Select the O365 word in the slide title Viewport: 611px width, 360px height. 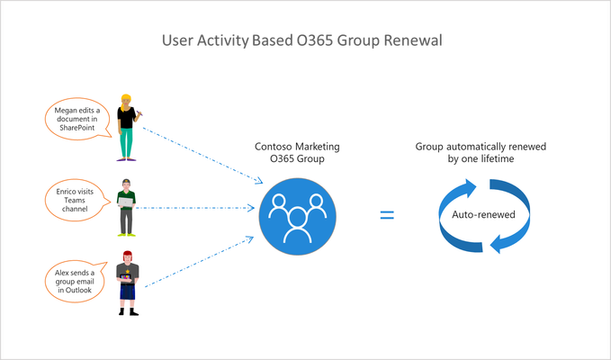[314, 40]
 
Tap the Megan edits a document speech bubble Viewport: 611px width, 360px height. [78, 119]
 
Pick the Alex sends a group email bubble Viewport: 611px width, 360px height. [76, 282]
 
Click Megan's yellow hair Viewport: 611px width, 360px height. [125, 102]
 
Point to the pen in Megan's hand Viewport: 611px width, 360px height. [139, 113]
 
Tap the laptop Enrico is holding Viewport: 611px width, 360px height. [126, 202]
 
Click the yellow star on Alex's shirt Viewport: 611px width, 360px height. [128, 271]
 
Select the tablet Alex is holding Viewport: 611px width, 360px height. [126, 278]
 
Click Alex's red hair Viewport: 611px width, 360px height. [128, 256]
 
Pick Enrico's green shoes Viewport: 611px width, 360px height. [127, 235]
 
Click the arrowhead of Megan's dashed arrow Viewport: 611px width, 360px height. [258, 180]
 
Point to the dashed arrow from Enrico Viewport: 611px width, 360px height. [195, 208]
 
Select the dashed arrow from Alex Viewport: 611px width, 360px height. [199, 261]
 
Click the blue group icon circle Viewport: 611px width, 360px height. [298, 216]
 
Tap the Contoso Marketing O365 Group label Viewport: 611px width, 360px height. [297, 152]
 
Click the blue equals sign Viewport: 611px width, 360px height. [387, 215]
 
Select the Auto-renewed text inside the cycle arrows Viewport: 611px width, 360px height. [483, 214]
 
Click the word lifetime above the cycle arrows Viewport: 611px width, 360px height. [497, 158]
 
